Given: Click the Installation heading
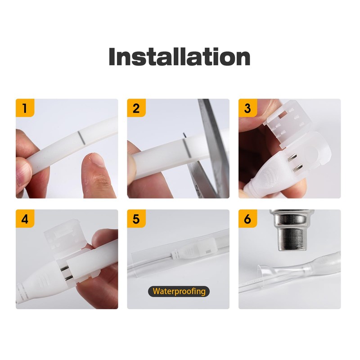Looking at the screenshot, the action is click(x=180, y=57).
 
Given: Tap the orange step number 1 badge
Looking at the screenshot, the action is click(x=25, y=108).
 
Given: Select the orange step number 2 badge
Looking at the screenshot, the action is click(x=136, y=108).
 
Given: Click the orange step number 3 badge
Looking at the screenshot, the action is click(x=247, y=108).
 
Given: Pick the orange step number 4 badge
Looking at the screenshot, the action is click(x=25, y=219).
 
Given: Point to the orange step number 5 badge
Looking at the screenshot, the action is click(x=136, y=219).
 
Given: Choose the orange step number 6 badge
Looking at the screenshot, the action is click(x=247, y=219).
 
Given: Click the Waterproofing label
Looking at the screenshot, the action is click(x=179, y=291).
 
